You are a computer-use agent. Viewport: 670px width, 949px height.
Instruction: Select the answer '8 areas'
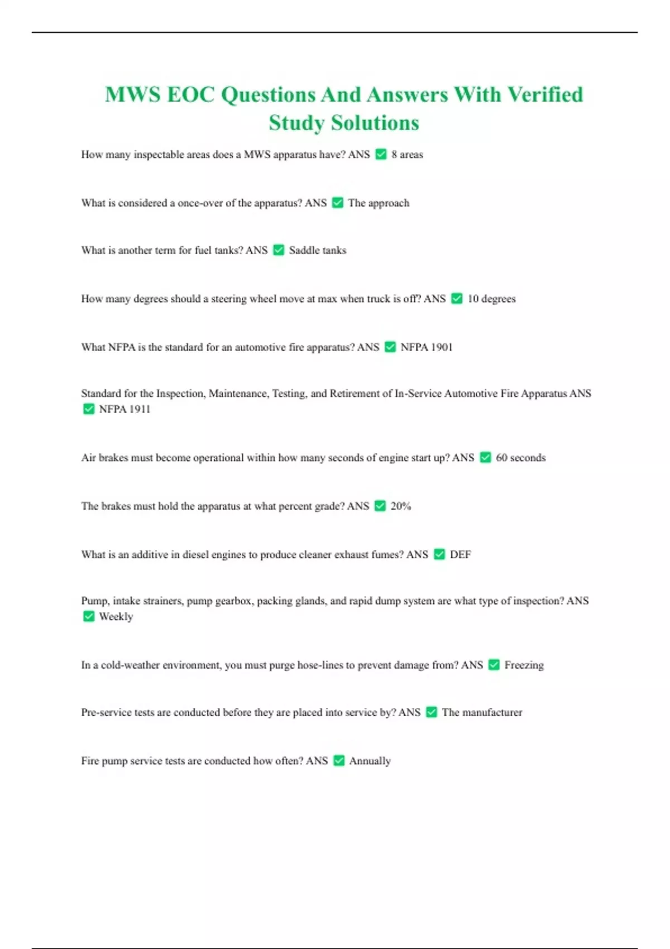(x=407, y=155)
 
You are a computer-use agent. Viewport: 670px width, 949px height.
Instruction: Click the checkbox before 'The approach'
(x=337, y=203)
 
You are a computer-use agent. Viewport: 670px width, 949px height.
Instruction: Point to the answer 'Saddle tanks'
(x=317, y=251)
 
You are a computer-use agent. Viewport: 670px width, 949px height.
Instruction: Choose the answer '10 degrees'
(x=491, y=299)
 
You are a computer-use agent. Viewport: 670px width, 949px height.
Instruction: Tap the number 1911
(x=140, y=409)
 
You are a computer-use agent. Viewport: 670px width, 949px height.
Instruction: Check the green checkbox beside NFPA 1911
(x=89, y=409)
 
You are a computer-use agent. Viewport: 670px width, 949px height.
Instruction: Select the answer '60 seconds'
(x=520, y=458)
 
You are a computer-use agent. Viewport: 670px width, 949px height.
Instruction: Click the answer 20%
(x=400, y=506)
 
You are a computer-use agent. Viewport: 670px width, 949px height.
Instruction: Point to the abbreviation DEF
(x=460, y=554)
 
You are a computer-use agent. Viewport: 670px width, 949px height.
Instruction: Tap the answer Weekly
(x=116, y=617)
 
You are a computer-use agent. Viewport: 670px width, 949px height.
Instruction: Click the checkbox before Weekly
(x=89, y=616)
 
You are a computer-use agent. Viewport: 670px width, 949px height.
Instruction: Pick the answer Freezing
(x=524, y=665)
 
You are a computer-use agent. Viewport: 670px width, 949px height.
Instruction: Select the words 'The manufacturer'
(x=482, y=712)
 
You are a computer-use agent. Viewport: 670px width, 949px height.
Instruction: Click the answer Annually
(x=370, y=761)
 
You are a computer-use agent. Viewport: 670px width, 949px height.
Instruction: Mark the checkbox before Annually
(x=339, y=760)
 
